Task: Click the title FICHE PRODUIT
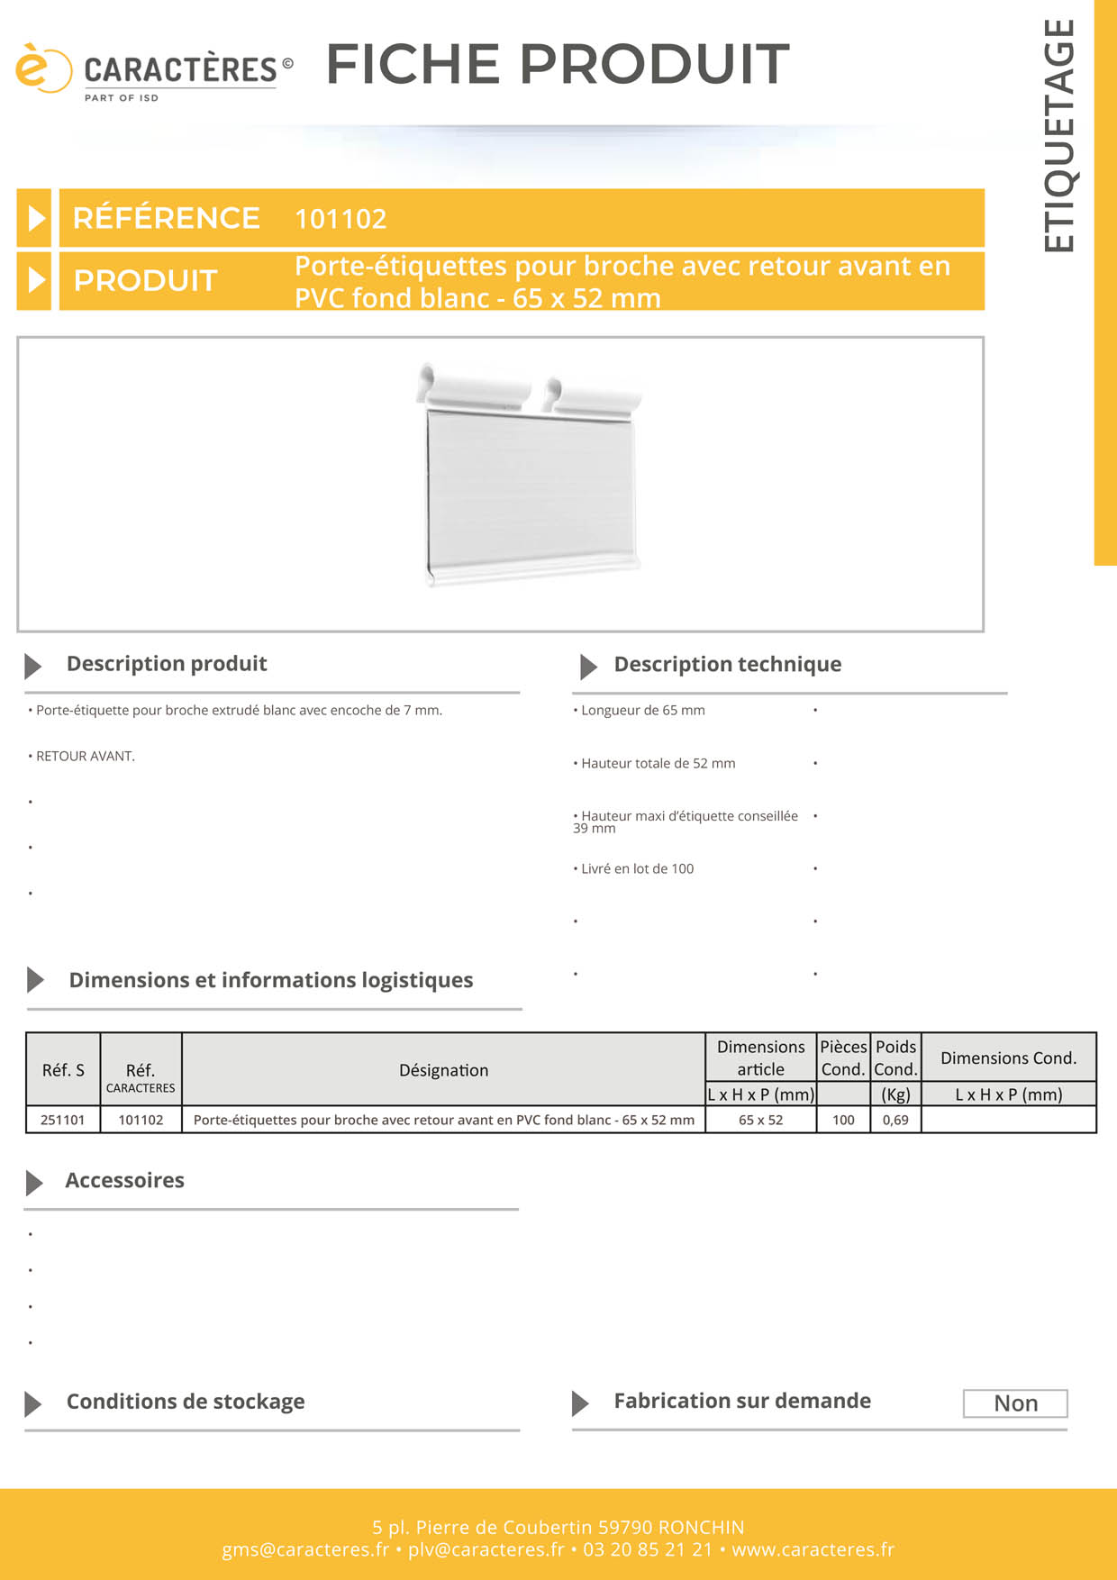pos(558,65)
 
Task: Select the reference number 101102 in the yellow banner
pos(341,219)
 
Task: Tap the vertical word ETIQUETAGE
pos(1059,135)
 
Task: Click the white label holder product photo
pos(530,475)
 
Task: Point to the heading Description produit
pos(167,664)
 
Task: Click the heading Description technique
pos(727,665)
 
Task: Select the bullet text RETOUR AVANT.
pos(85,757)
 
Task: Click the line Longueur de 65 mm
pos(642,711)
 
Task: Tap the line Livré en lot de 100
pos(637,869)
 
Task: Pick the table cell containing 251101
pos(63,1120)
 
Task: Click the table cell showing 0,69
pos(895,1120)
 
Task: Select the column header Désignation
pos(443,1070)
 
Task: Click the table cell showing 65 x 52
pos(760,1120)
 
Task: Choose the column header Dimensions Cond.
pos(1008,1058)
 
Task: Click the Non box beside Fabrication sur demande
pos(1015,1403)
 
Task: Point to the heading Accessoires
pos(124,1181)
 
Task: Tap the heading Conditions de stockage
pos(186,1402)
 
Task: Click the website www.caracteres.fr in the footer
pos(813,1549)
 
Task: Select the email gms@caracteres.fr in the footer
pos(305,1549)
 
